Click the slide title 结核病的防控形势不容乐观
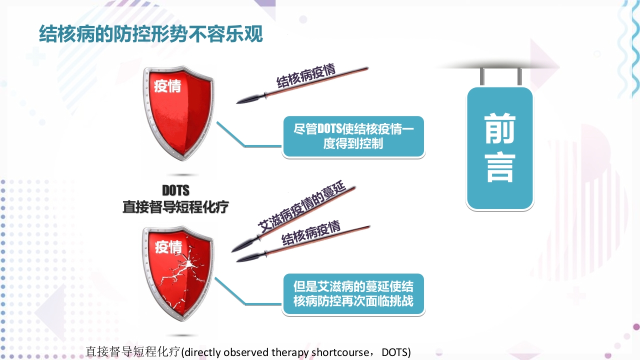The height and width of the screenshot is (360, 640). click(x=151, y=34)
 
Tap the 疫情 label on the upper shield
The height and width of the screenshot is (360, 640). click(x=167, y=86)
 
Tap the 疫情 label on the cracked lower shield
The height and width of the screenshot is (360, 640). click(x=168, y=246)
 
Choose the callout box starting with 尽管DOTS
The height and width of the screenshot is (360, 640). click(x=353, y=136)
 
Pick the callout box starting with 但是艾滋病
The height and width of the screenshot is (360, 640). click(x=353, y=294)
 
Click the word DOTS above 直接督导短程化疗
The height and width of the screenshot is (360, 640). click(x=175, y=191)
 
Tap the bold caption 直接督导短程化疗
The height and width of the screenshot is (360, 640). click(x=175, y=206)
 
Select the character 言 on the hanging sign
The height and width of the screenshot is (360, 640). click(x=499, y=167)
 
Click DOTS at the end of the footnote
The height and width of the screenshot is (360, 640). click(x=395, y=352)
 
